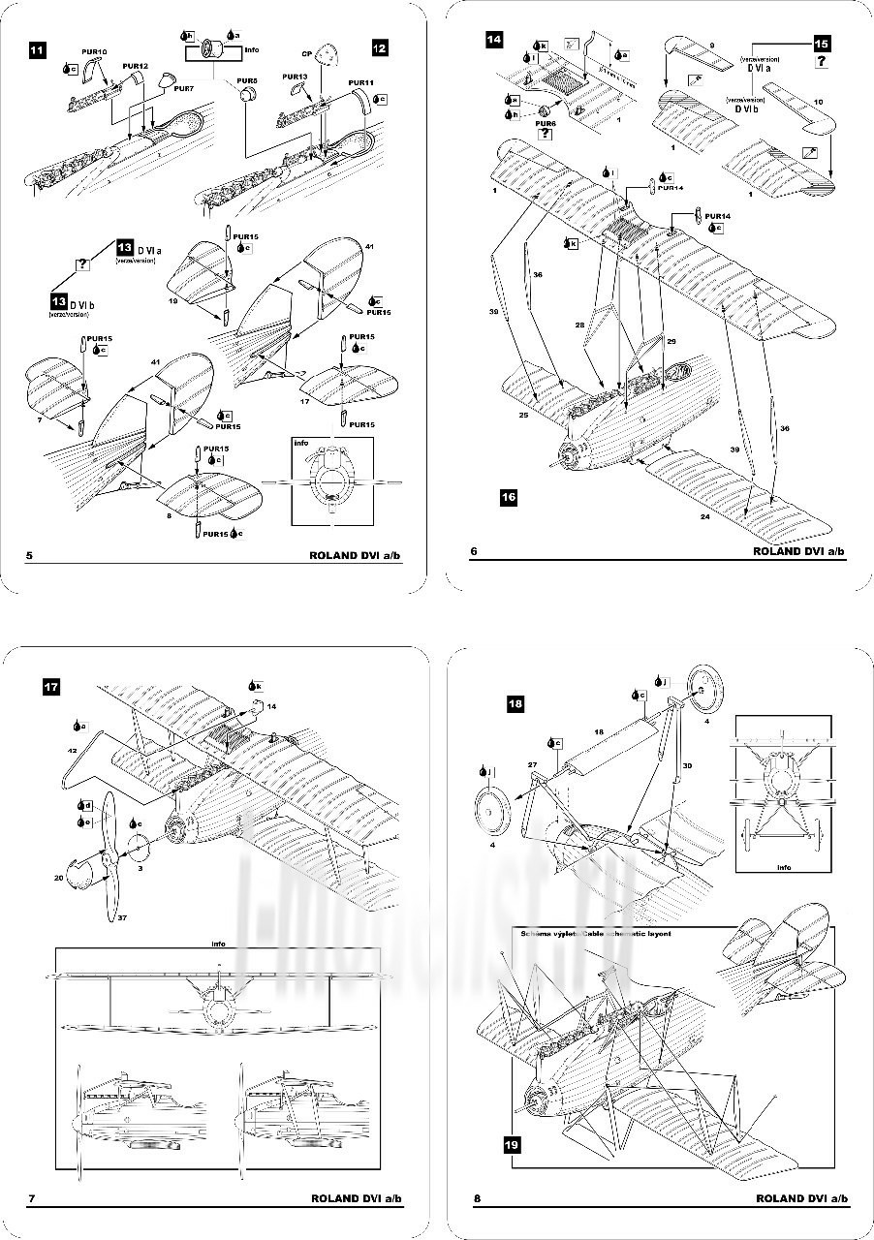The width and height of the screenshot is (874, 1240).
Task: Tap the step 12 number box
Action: [380, 46]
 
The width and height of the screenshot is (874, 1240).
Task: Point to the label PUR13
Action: [295, 76]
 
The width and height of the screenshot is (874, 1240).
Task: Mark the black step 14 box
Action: [494, 40]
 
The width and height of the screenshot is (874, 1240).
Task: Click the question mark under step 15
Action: [821, 62]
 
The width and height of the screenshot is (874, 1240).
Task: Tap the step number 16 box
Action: [509, 498]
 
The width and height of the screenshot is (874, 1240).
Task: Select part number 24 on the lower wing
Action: [705, 517]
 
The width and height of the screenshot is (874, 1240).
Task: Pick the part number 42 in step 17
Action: [73, 751]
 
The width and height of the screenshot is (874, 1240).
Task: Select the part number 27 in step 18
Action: [532, 764]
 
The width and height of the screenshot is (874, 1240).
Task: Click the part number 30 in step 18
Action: [687, 764]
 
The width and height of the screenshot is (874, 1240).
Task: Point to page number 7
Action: [32, 1199]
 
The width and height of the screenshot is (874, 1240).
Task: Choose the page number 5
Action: [30, 556]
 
